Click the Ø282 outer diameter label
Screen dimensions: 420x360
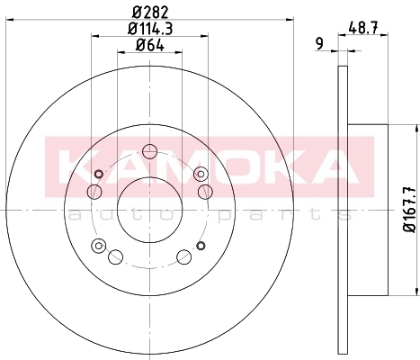(x=149, y=13)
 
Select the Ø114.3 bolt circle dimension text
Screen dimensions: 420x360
(x=150, y=29)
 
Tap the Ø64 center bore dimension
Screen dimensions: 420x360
(x=149, y=45)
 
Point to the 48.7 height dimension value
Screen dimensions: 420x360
(x=363, y=29)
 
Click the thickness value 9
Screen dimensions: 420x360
(x=320, y=44)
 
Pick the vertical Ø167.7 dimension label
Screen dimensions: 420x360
(x=409, y=209)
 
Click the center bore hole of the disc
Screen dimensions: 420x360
(x=149, y=210)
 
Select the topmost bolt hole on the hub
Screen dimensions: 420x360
(x=149, y=151)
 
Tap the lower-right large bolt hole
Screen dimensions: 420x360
(x=183, y=256)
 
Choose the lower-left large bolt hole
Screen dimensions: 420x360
(x=115, y=256)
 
